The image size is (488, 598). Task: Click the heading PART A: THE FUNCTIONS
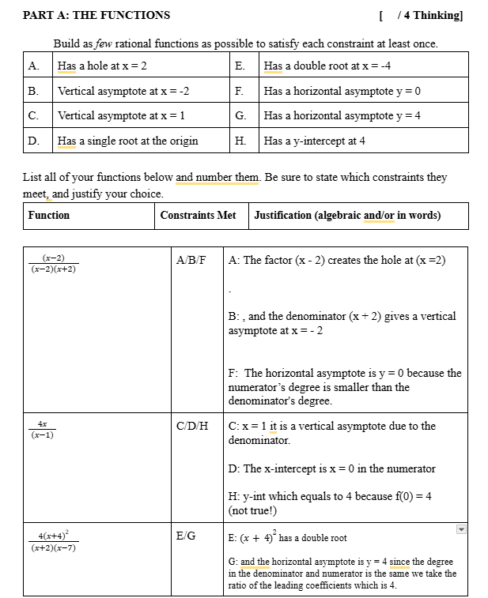pos(96,15)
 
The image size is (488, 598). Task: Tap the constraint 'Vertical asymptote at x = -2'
pos(123,91)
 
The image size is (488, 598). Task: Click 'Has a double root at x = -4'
pos(327,66)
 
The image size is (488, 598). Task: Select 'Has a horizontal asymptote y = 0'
pos(342,91)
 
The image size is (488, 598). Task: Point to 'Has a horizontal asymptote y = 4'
pos(342,116)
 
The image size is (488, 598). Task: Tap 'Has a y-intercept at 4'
pos(314,141)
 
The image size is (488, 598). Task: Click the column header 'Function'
pos(49,215)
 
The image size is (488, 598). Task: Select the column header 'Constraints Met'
pos(198,215)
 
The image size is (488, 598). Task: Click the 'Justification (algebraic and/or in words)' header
pos(347,215)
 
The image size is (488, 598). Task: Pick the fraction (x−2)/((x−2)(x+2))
pos(54,264)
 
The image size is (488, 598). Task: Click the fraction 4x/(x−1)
pos(43,430)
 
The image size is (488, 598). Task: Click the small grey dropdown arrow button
pos(462,529)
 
